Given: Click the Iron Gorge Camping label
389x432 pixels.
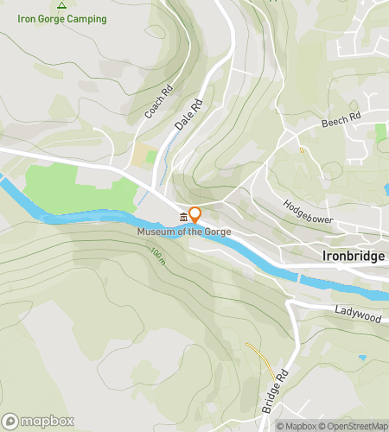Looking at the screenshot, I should click(x=62, y=19).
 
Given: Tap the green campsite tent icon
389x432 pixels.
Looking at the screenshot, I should click(x=61, y=4).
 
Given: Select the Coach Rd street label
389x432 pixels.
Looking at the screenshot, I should click(x=153, y=101).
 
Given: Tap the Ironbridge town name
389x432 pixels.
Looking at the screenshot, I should click(x=353, y=256).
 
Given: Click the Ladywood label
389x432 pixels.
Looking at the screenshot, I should click(x=357, y=318).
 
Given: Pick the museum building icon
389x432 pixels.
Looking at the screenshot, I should click(x=182, y=216).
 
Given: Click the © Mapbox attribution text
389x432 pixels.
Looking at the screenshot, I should click(x=297, y=425).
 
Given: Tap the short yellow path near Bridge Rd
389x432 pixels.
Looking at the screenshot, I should click(x=257, y=353).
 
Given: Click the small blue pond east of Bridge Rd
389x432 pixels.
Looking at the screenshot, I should click(x=360, y=357).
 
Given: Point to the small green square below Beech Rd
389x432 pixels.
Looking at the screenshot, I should click(x=380, y=134).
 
